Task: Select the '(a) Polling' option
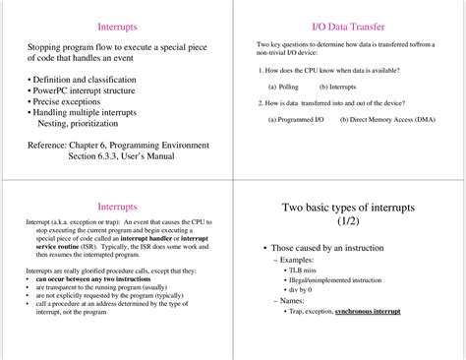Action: [x=285, y=87]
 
